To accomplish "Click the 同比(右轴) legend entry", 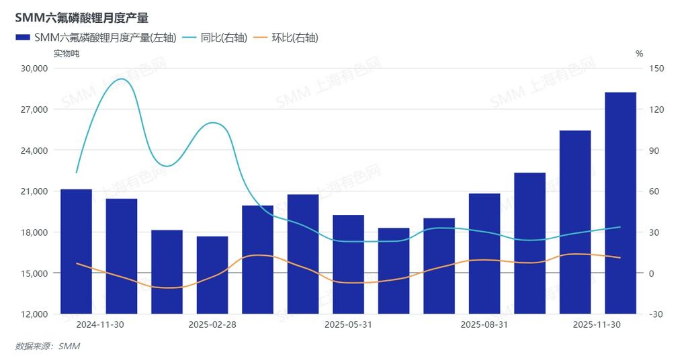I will tap(215, 38).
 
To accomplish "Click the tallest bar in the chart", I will tap(620, 201).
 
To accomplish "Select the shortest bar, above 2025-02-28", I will tap(212, 275).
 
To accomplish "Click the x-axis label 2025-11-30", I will tap(597, 325).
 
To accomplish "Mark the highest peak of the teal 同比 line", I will tap(121, 79).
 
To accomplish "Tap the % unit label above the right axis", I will tap(639, 54).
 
